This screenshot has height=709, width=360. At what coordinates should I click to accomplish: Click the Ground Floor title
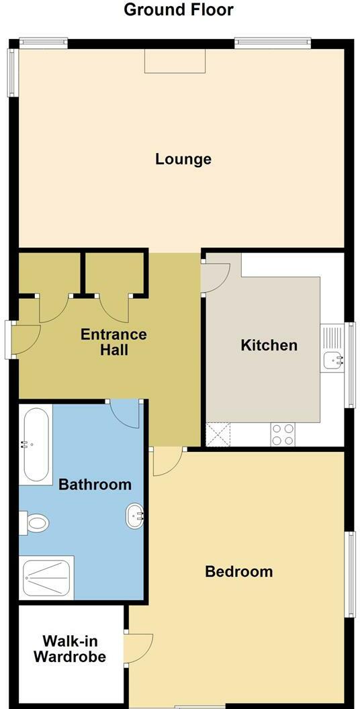tap(179, 10)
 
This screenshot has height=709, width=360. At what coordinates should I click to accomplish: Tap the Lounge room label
tap(183, 159)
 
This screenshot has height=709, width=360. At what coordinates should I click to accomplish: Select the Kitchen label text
tap(269, 346)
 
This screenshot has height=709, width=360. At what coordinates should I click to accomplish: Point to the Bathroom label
tap(95, 485)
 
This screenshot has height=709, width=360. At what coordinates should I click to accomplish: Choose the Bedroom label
tap(238, 572)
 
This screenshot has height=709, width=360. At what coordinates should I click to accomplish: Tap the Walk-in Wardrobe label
tap(70, 649)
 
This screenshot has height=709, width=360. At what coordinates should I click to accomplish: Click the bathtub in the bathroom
tap(36, 444)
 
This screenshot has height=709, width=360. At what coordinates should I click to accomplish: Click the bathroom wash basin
tap(135, 516)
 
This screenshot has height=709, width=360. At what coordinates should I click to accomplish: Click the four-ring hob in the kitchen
tap(283, 434)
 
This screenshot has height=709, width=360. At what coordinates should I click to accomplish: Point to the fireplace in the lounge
tap(175, 62)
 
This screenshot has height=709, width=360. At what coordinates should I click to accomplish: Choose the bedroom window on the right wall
tap(350, 574)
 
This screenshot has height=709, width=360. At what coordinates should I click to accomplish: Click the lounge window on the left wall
tap(12, 72)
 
